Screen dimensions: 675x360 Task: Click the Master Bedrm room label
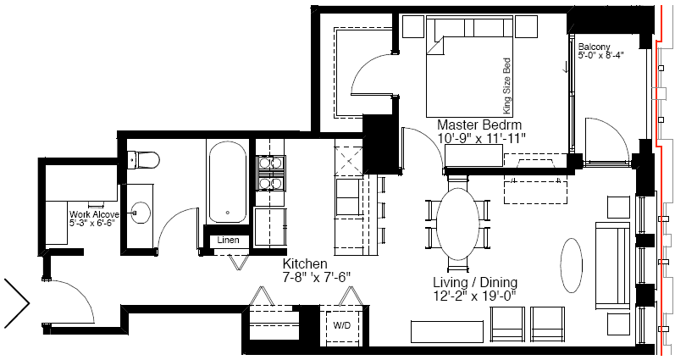(479, 125)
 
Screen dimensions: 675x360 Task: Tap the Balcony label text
(594, 47)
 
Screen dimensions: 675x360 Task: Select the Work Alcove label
(94, 214)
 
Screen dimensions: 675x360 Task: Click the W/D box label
(342, 325)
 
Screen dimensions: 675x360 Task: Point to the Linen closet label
(228, 240)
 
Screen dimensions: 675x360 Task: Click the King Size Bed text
(507, 86)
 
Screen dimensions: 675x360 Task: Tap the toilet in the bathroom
(144, 160)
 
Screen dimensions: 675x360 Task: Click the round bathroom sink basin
(141, 213)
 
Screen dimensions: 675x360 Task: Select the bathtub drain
(228, 213)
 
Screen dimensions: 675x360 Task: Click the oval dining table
(457, 224)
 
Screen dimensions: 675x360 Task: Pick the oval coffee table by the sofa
(572, 265)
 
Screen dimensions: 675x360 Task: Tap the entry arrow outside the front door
(17, 302)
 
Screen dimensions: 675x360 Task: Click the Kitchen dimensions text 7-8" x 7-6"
(317, 277)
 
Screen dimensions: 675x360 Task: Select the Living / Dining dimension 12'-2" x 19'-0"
(475, 296)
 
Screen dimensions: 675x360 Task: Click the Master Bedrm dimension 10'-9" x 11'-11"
(482, 138)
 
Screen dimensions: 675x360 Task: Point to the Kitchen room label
(305, 263)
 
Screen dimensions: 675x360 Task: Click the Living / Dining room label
(475, 282)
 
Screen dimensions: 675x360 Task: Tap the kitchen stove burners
(270, 173)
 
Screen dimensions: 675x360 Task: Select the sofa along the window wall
(612, 264)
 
